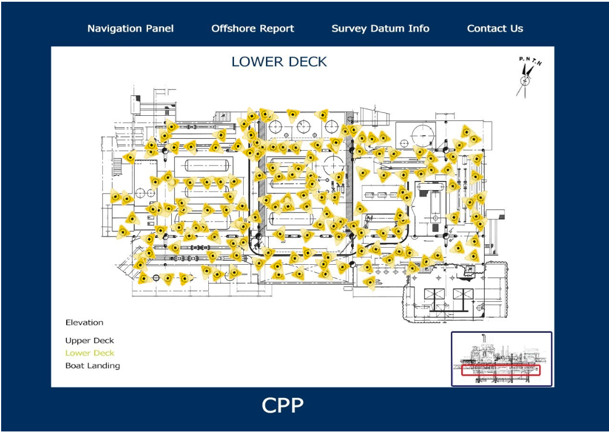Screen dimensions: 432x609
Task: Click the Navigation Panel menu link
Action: [130, 29]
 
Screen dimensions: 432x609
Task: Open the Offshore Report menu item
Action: [252, 29]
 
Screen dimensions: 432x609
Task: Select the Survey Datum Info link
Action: [380, 29]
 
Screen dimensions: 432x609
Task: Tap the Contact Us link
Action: [495, 29]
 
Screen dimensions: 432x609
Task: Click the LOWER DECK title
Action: [279, 62]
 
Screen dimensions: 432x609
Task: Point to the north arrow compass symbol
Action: [525, 79]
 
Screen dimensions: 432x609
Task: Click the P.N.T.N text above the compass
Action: [530, 60]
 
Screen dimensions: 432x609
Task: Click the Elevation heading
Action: [84, 322]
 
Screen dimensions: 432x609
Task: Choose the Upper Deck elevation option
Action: [90, 341]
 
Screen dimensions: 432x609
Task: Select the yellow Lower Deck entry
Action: [90, 353]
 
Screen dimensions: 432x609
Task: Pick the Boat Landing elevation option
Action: [92, 366]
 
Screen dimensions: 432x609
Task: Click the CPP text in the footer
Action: [283, 405]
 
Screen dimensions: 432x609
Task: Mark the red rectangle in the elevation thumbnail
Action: [501, 370]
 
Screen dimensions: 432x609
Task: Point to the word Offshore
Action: [234, 29]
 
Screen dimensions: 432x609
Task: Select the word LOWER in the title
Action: [255, 62]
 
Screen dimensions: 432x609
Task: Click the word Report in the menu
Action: [277, 29]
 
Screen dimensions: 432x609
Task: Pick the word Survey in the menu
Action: [349, 29]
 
